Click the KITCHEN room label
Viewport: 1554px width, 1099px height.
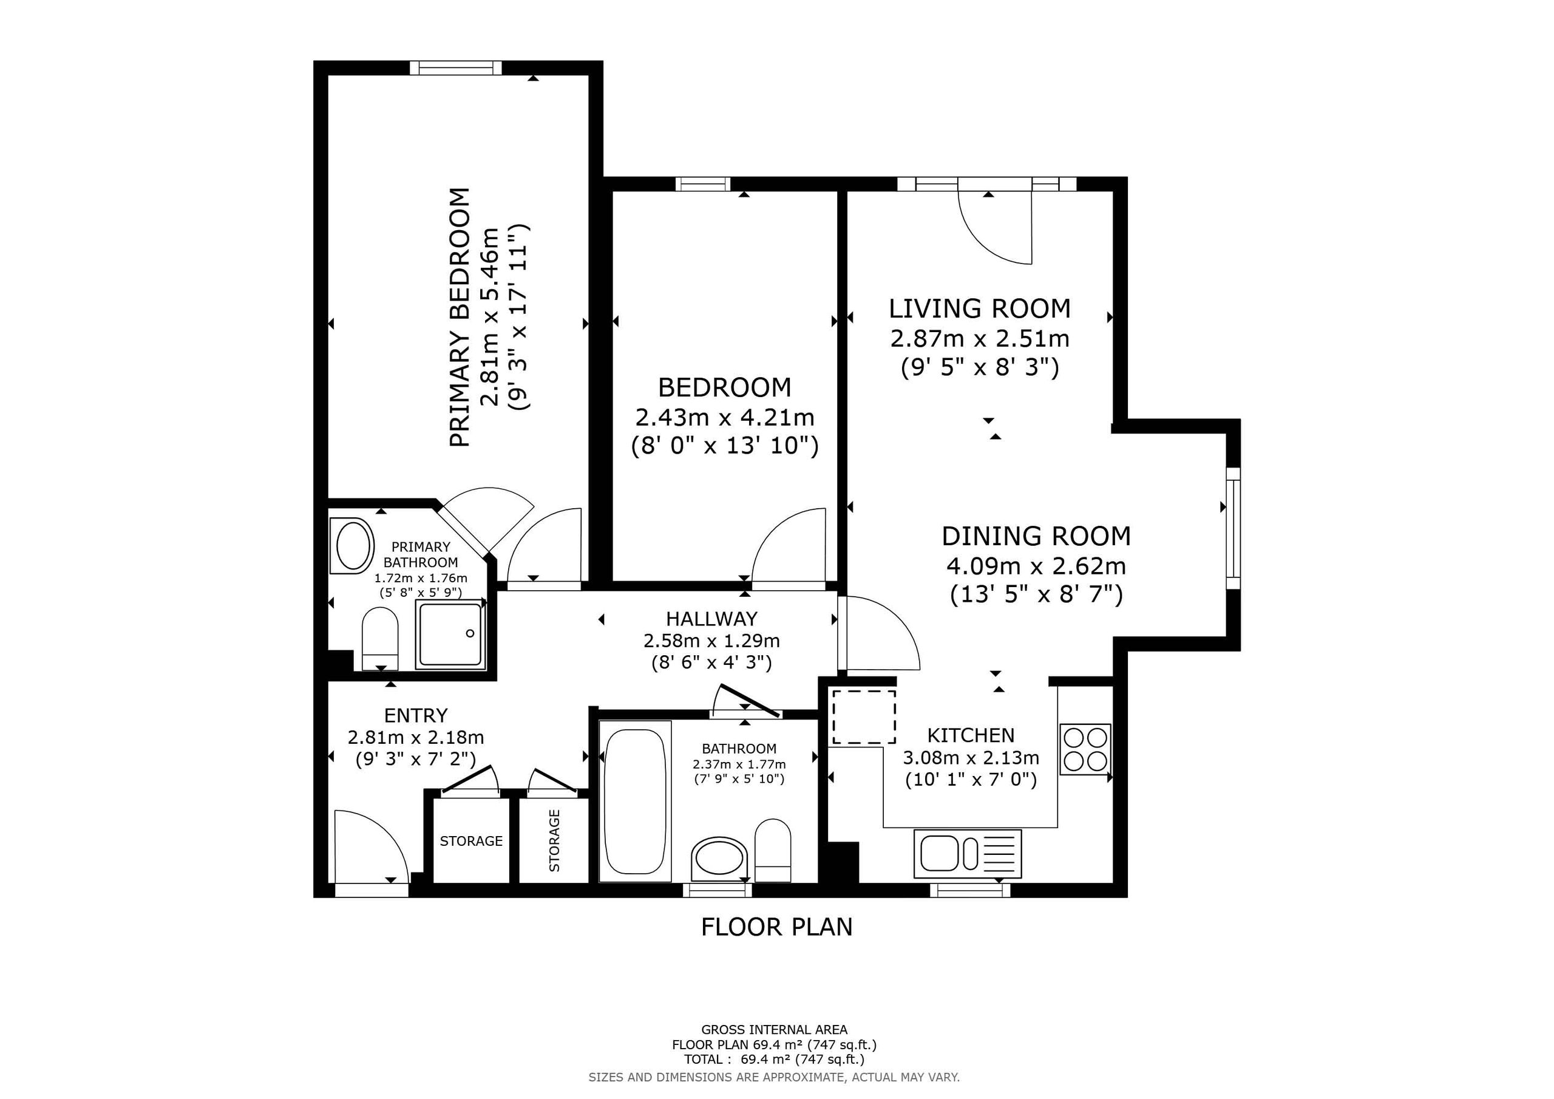(970, 735)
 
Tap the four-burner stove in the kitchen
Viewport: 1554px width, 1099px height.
(1085, 750)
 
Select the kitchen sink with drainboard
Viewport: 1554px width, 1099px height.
(967, 853)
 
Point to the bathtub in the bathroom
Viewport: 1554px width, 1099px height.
(635, 801)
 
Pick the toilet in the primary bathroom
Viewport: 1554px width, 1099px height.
(380, 639)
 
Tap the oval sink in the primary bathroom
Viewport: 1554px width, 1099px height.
(353, 545)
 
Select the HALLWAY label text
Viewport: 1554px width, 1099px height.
(711, 619)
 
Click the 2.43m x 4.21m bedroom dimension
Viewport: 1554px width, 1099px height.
(725, 417)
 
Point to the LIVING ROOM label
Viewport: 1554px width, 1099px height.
(979, 309)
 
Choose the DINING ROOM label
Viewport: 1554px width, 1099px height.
(1036, 536)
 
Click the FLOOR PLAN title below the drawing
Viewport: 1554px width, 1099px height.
(776, 927)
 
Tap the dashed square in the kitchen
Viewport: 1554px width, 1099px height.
(864, 717)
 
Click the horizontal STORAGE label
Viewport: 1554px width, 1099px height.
(471, 841)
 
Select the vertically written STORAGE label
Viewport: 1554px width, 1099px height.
(554, 840)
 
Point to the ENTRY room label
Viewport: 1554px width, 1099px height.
(416, 716)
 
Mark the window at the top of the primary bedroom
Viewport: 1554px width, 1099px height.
(455, 68)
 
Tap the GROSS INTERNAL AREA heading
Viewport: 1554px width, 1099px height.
(775, 1030)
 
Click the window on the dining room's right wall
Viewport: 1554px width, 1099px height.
(1233, 528)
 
